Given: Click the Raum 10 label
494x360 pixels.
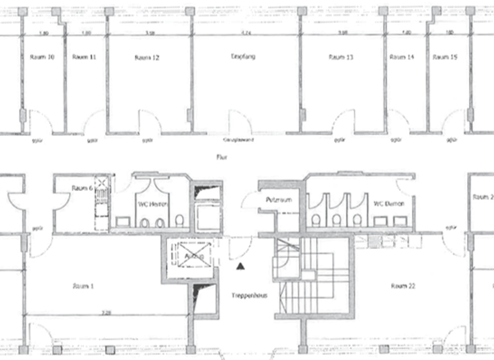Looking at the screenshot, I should (x=42, y=57).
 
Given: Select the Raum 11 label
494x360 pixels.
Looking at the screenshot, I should (x=84, y=57).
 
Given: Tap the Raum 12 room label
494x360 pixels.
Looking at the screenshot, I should (x=147, y=58).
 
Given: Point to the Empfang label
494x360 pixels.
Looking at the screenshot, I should (x=243, y=57).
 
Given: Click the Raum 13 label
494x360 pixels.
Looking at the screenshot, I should (x=341, y=57).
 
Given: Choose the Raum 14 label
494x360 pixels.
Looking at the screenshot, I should (x=401, y=57).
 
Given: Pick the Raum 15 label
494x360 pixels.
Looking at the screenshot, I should (x=445, y=57).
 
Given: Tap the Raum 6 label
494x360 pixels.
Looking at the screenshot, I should (x=83, y=188).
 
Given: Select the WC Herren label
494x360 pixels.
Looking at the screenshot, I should (x=153, y=204).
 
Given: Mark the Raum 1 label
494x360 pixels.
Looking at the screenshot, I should (x=84, y=285).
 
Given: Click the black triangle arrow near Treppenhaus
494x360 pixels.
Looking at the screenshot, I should (x=241, y=265).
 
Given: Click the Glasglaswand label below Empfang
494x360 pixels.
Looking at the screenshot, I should (x=235, y=139).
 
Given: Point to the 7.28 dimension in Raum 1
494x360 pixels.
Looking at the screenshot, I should (x=105, y=312).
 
